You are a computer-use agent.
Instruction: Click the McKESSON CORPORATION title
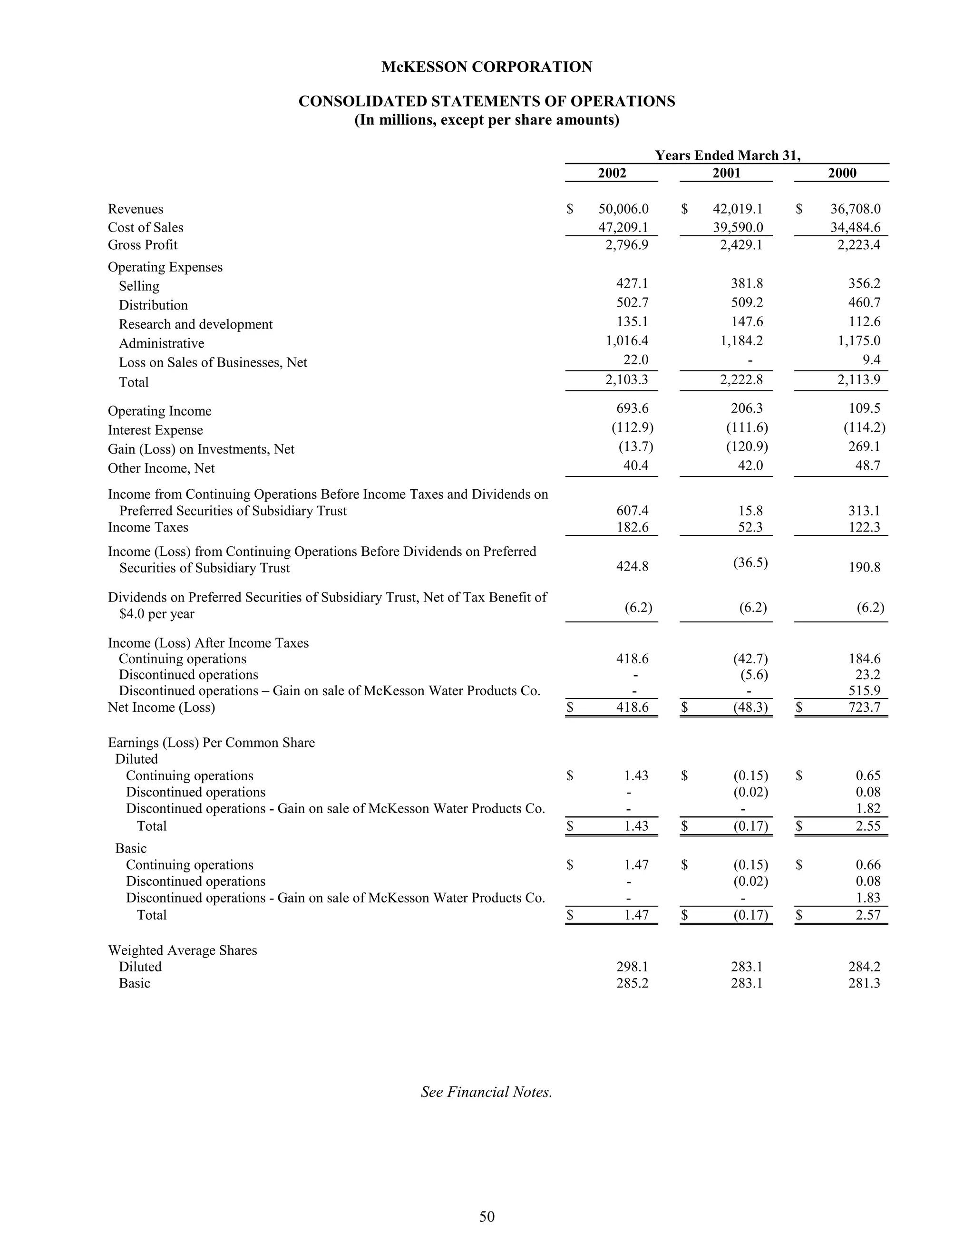(487, 67)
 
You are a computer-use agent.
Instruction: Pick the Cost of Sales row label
(146, 227)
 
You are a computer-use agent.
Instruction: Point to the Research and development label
(195, 324)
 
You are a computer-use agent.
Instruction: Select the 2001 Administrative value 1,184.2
(741, 340)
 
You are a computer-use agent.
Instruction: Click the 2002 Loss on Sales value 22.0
(636, 359)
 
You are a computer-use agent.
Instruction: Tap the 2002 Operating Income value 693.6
(633, 408)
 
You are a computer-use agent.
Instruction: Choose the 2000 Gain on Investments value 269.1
(864, 446)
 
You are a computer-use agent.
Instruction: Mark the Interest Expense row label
(155, 430)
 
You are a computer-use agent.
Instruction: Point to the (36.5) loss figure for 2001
(750, 562)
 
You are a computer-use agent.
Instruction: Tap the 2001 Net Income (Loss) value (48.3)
(750, 708)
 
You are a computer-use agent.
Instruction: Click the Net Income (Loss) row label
(161, 708)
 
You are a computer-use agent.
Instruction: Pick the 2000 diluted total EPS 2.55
(868, 825)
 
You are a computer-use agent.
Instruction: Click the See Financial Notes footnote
(487, 1092)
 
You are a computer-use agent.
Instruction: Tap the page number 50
(487, 1216)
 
